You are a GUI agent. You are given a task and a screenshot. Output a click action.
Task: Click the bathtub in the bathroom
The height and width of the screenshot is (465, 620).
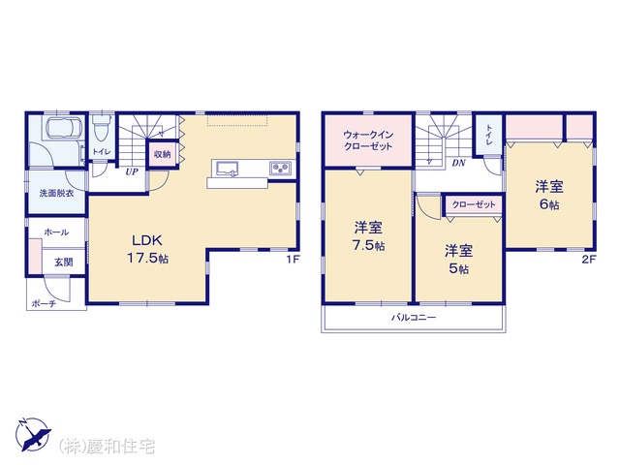click(65, 128)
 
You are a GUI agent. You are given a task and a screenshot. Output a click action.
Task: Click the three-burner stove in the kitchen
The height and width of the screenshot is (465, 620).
click(280, 168)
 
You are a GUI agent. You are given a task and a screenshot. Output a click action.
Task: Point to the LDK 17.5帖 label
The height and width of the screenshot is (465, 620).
click(147, 249)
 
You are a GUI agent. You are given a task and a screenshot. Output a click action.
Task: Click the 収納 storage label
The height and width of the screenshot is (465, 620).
click(162, 154)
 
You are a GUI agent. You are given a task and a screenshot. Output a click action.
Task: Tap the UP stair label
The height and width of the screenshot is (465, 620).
click(132, 172)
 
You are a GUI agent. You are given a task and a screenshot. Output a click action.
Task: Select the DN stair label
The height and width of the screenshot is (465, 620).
click(458, 163)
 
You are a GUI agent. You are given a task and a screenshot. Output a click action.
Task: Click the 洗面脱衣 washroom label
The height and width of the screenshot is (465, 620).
click(56, 194)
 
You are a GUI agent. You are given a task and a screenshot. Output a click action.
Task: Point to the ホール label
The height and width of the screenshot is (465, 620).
click(56, 232)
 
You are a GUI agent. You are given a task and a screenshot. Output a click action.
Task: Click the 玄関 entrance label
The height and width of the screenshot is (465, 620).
click(63, 263)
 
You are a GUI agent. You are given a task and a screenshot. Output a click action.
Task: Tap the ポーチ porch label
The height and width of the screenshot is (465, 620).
click(44, 303)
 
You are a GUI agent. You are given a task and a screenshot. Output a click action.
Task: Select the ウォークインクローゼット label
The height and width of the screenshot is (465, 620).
click(368, 140)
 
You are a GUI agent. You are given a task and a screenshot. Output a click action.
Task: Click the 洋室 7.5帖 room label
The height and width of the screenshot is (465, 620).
click(368, 236)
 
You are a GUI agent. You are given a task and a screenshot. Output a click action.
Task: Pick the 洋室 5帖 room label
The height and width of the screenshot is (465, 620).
click(458, 260)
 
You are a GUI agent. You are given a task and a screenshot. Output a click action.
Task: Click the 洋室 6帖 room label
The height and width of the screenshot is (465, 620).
click(549, 195)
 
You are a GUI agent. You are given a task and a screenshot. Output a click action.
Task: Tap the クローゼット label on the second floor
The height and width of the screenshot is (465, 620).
click(474, 204)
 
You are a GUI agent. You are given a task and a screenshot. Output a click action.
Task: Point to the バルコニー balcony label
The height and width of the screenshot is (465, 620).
click(414, 317)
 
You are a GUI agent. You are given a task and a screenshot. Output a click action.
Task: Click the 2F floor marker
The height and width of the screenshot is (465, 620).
click(588, 260)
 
